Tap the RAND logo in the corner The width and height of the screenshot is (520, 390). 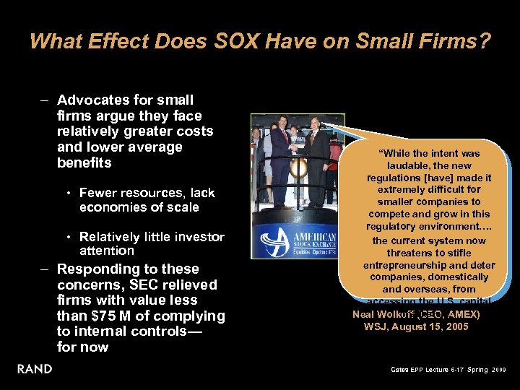[x=35, y=369]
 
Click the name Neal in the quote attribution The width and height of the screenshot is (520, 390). [x=364, y=314]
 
